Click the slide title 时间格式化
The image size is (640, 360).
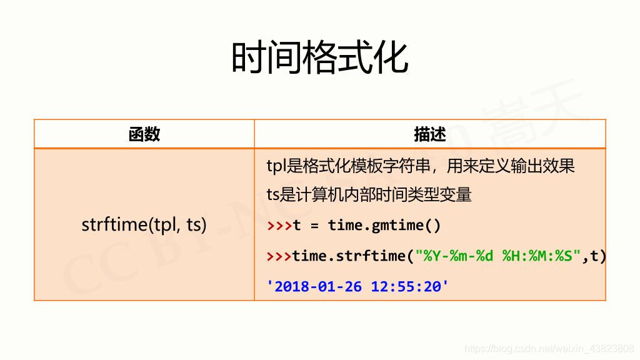[320, 57]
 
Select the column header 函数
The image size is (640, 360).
[144, 134]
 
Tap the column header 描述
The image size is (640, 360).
[430, 134]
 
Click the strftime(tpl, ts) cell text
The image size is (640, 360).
[144, 224]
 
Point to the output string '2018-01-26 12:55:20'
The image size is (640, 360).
[357, 286]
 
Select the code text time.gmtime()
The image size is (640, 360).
[384, 225]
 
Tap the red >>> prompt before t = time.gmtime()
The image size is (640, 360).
[279, 225]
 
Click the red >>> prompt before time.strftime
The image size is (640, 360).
[279, 256]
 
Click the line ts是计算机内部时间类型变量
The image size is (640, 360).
[369, 195]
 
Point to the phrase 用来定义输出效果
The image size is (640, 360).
[511, 166]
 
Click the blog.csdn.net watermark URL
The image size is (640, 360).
[549, 349]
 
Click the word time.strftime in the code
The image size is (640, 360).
[349, 256]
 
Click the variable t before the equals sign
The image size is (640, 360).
[297, 225]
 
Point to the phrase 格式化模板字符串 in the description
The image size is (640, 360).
[359, 166]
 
